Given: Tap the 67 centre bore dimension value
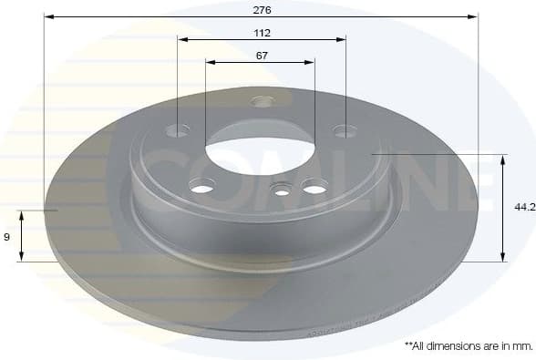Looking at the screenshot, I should click(x=261, y=55).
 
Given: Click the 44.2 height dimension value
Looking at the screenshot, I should click(x=524, y=208).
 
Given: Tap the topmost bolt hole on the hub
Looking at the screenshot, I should click(x=262, y=100).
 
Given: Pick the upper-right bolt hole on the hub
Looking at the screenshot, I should click(x=345, y=131).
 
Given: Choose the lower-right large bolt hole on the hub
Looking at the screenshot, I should click(x=314, y=188).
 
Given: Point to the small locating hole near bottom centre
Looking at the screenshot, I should click(x=282, y=190).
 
